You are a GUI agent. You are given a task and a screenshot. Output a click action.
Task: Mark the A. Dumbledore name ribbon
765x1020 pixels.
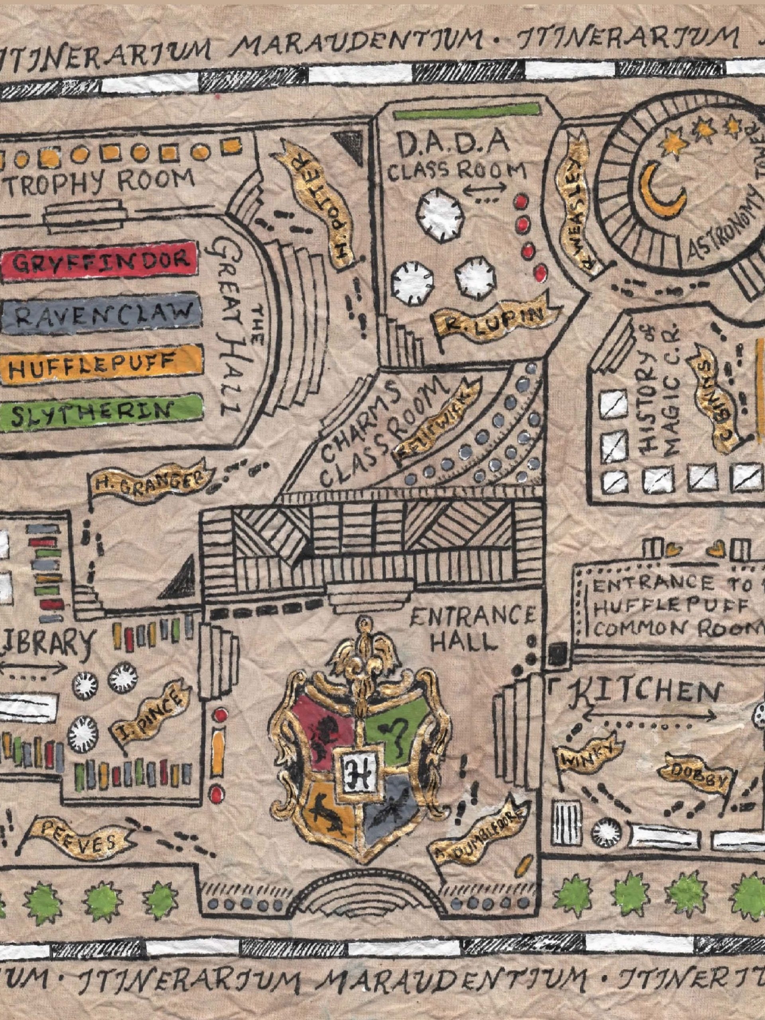tap(480, 826)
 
